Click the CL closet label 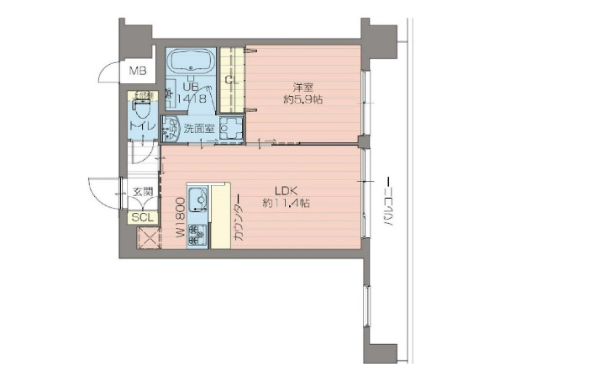pyautogui.click(x=232, y=80)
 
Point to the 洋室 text pyautogui.click(x=303, y=87)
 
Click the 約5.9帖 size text pyautogui.click(x=303, y=99)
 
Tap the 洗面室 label pyautogui.click(x=200, y=130)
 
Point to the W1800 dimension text pyautogui.click(x=180, y=220)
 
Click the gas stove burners pyautogui.click(x=197, y=232)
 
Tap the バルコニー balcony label pyautogui.click(x=388, y=203)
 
